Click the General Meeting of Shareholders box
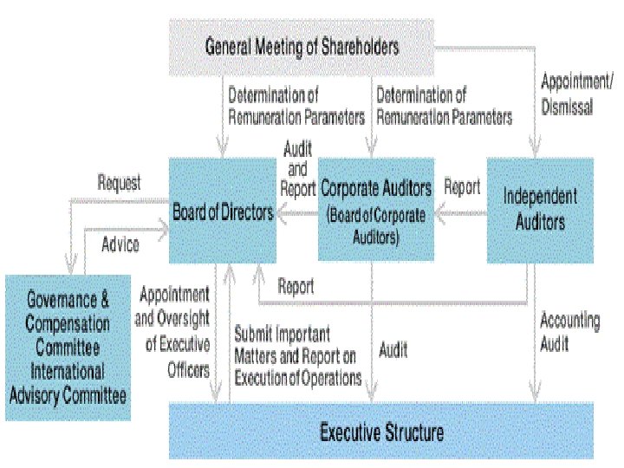(x=302, y=47)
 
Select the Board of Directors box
(x=223, y=211)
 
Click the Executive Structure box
(x=381, y=431)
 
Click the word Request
(x=119, y=184)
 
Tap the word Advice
(x=120, y=244)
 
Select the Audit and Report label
(x=297, y=168)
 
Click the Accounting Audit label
(x=569, y=332)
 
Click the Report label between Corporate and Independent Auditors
(x=462, y=187)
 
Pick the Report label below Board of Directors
(x=296, y=285)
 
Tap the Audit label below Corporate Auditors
(x=393, y=351)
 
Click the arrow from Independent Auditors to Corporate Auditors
(x=459, y=211)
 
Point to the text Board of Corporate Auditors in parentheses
(x=375, y=224)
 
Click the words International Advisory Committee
(x=68, y=384)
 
